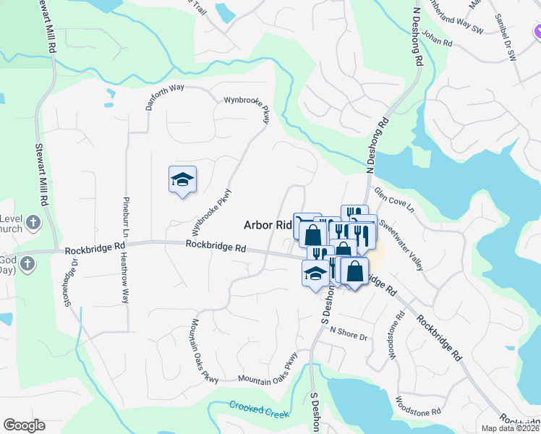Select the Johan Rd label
437,37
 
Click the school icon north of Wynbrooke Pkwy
183,180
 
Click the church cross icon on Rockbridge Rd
26,263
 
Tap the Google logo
24,425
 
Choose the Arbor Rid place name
267,225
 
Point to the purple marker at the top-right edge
537,33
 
